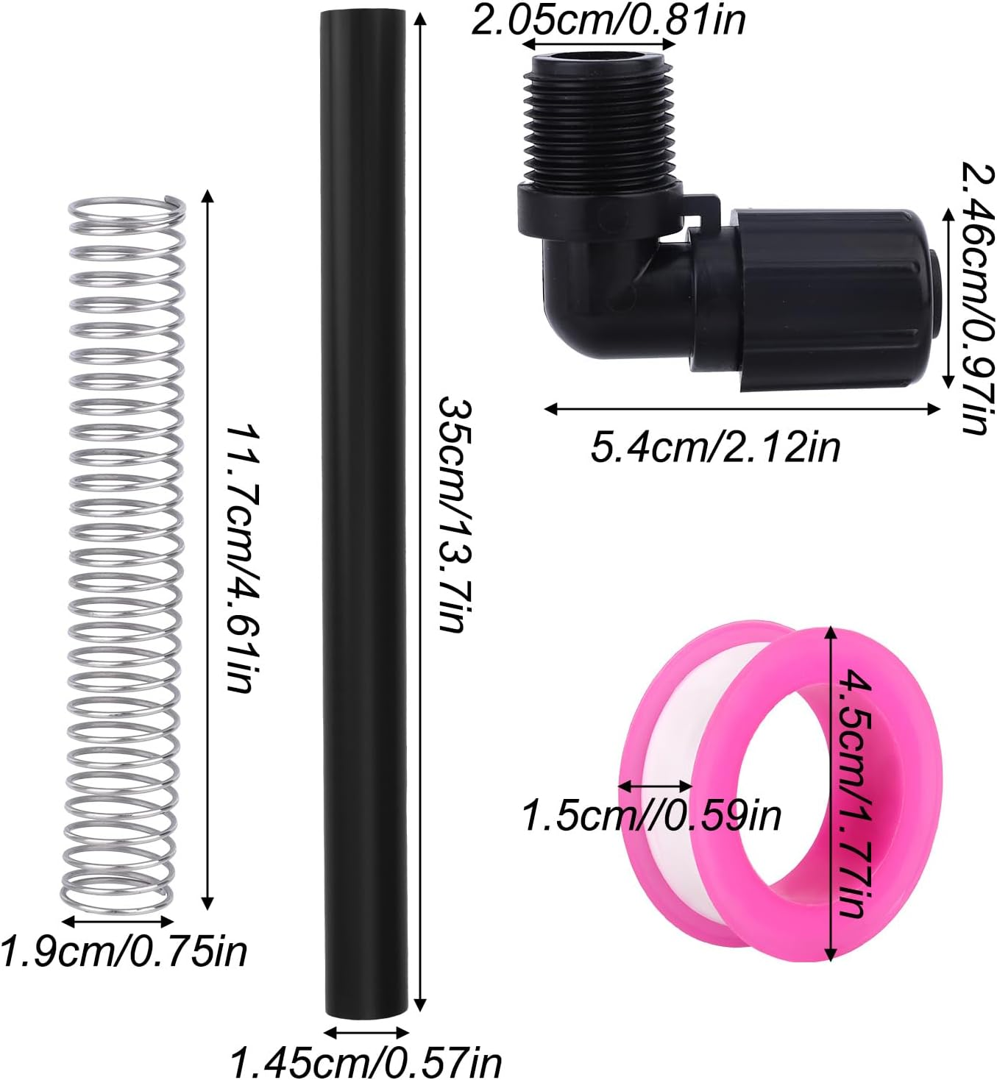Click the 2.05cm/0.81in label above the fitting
607,20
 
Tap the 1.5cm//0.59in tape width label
651,815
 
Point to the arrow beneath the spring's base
118,920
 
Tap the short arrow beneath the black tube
366,1032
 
